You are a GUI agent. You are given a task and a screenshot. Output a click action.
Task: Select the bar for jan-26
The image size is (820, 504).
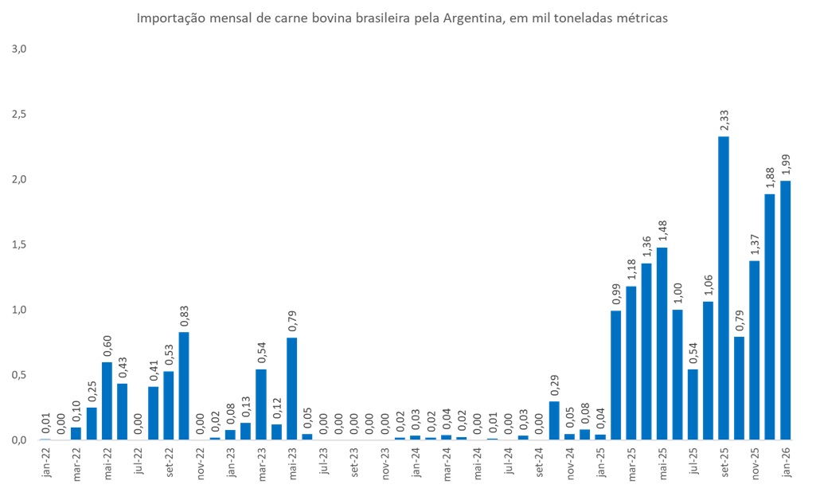point(785,311)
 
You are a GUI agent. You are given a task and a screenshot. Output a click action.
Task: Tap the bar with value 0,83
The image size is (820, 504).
point(184,386)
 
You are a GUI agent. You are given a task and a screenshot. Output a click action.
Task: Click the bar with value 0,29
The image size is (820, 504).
point(554,420)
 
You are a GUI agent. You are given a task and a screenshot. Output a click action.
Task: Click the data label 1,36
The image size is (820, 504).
point(646,244)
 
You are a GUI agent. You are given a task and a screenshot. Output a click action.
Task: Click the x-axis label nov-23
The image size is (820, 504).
point(385,463)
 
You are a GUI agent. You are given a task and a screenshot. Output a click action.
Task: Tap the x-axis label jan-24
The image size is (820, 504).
point(416,463)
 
